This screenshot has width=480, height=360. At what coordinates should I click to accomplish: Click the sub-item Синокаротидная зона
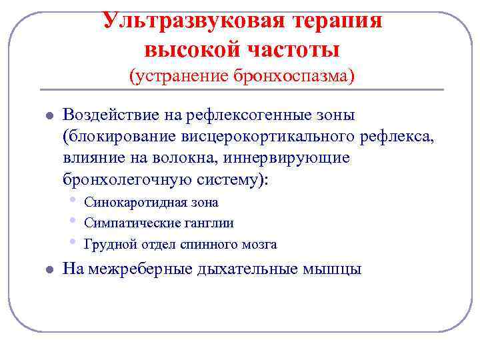pos(151,202)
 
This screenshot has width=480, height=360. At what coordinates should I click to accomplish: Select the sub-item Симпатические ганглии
pos(159,223)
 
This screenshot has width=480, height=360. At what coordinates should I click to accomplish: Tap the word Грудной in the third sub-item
pos(105,244)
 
